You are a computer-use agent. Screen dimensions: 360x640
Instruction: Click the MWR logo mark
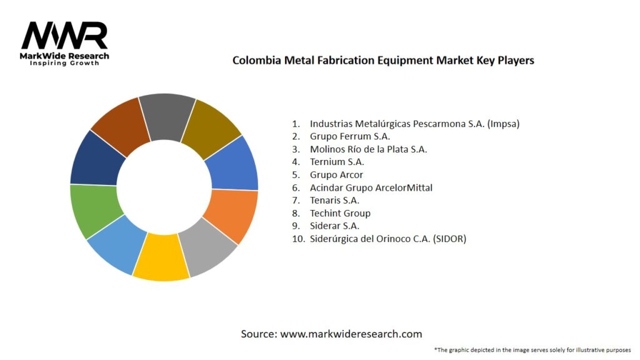click(x=64, y=36)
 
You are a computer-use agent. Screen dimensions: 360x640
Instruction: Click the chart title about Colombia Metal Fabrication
click(x=383, y=61)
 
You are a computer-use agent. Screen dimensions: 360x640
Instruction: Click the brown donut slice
click(x=120, y=125)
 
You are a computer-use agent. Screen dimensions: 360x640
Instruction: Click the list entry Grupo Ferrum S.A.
click(x=350, y=136)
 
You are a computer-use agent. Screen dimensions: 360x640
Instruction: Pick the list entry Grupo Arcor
click(x=336, y=174)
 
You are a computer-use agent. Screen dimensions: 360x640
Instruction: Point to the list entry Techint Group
click(x=340, y=213)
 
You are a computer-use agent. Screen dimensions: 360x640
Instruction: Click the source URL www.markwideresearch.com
click(x=351, y=334)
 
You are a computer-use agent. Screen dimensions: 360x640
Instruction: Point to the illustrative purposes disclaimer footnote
click(x=532, y=349)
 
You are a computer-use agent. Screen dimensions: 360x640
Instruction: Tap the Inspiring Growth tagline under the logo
click(x=64, y=63)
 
